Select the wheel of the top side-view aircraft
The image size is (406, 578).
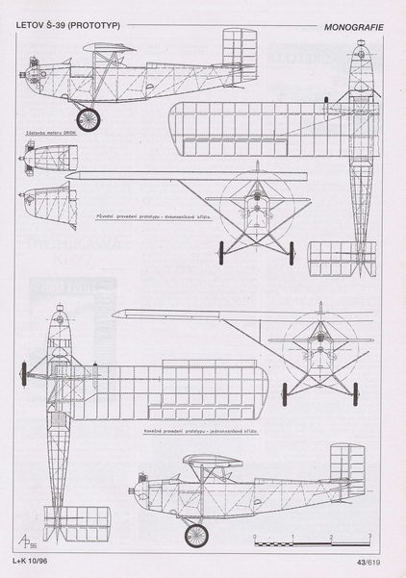89,119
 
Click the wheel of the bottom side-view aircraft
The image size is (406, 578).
196,534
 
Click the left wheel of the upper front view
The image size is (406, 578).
223,252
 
